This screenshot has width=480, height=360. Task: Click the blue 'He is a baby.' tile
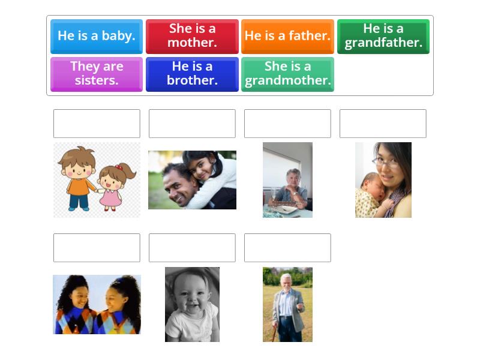click(x=97, y=36)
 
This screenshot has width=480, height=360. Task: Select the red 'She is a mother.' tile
click(x=192, y=36)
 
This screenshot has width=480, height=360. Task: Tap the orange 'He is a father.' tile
click(x=287, y=36)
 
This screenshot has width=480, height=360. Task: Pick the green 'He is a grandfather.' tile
click(x=383, y=36)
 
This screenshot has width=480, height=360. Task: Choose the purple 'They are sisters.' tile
click(x=97, y=74)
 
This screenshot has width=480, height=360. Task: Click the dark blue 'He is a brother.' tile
click(x=192, y=74)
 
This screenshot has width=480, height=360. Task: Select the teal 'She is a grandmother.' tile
click(x=287, y=74)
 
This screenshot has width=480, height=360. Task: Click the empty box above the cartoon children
click(x=97, y=124)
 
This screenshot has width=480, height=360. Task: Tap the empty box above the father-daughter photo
click(x=192, y=124)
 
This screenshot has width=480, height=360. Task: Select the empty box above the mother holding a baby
click(x=383, y=124)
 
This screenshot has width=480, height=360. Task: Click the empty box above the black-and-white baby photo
click(x=192, y=248)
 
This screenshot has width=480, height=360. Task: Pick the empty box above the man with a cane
click(x=287, y=248)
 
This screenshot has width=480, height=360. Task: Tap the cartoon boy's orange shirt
click(x=78, y=186)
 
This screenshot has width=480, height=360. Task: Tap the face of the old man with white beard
click(x=286, y=282)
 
